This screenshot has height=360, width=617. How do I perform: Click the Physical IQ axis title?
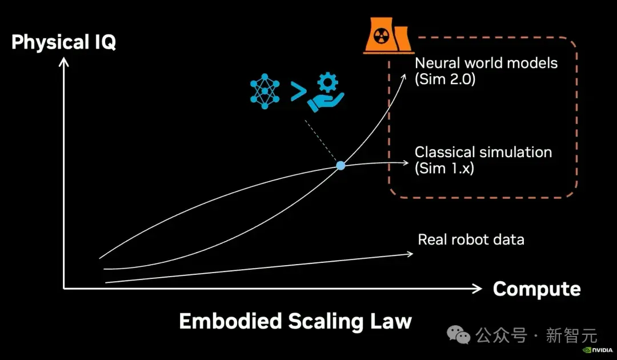[64, 42]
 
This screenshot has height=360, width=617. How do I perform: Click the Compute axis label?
[536, 289]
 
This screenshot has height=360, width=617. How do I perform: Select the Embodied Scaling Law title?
[295, 321]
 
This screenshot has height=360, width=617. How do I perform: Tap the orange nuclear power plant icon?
[387, 35]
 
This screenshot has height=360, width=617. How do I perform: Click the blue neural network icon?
[265, 91]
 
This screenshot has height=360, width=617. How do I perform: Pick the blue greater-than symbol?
[299, 91]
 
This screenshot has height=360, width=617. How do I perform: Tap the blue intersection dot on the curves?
[340, 166]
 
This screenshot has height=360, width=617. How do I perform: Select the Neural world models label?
[486, 63]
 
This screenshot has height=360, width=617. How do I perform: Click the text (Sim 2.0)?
[445, 79]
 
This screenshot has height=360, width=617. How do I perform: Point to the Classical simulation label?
[483, 152]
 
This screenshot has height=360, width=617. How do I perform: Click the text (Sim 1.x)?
[444, 169]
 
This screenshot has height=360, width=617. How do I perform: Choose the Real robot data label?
[471, 239]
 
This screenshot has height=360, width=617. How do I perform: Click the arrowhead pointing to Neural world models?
[404, 77]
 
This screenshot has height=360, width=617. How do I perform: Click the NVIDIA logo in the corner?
[598, 350]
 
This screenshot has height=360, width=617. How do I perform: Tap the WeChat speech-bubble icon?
[458, 335]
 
